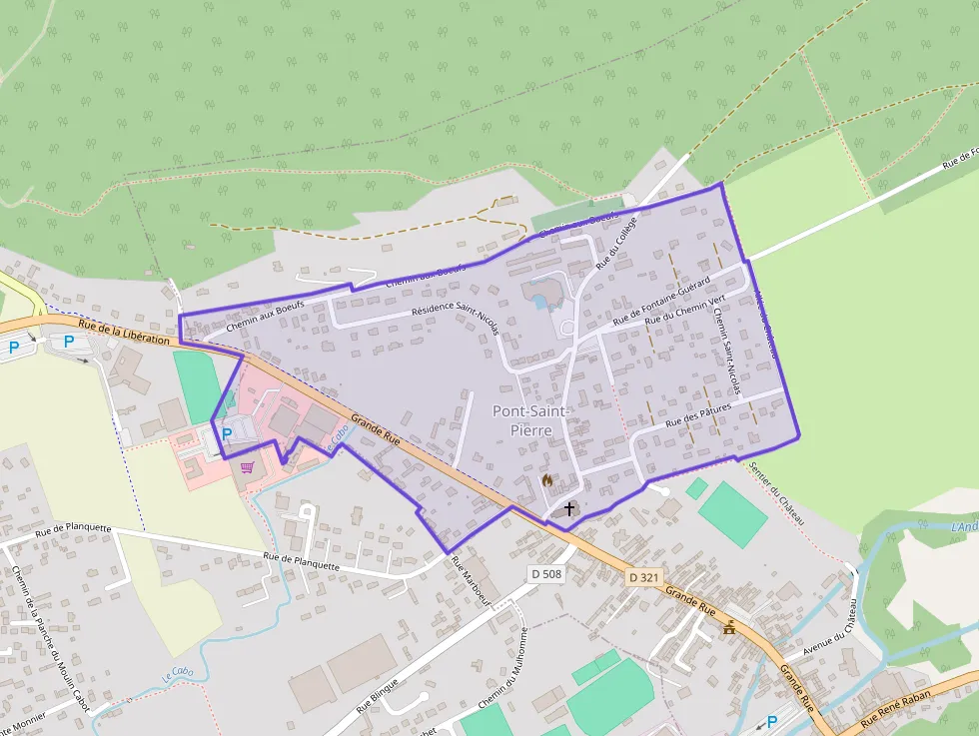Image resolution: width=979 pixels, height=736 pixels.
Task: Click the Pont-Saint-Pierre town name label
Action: click(x=531, y=419)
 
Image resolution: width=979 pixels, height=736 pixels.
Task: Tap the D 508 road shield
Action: click(x=547, y=573)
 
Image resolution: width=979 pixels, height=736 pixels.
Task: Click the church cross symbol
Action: click(x=569, y=508)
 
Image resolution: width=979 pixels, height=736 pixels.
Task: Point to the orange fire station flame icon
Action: click(x=546, y=479)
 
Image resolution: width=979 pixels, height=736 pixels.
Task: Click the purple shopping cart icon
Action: click(x=247, y=465)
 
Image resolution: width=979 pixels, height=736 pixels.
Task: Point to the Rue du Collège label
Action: click(x=615, y=246)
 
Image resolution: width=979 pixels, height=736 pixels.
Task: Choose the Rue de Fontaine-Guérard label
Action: click(x=661, y=300)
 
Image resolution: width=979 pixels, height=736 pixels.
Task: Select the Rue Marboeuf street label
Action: click(x=473, y=580)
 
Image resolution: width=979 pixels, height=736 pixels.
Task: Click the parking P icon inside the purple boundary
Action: click(x=227, y=434)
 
